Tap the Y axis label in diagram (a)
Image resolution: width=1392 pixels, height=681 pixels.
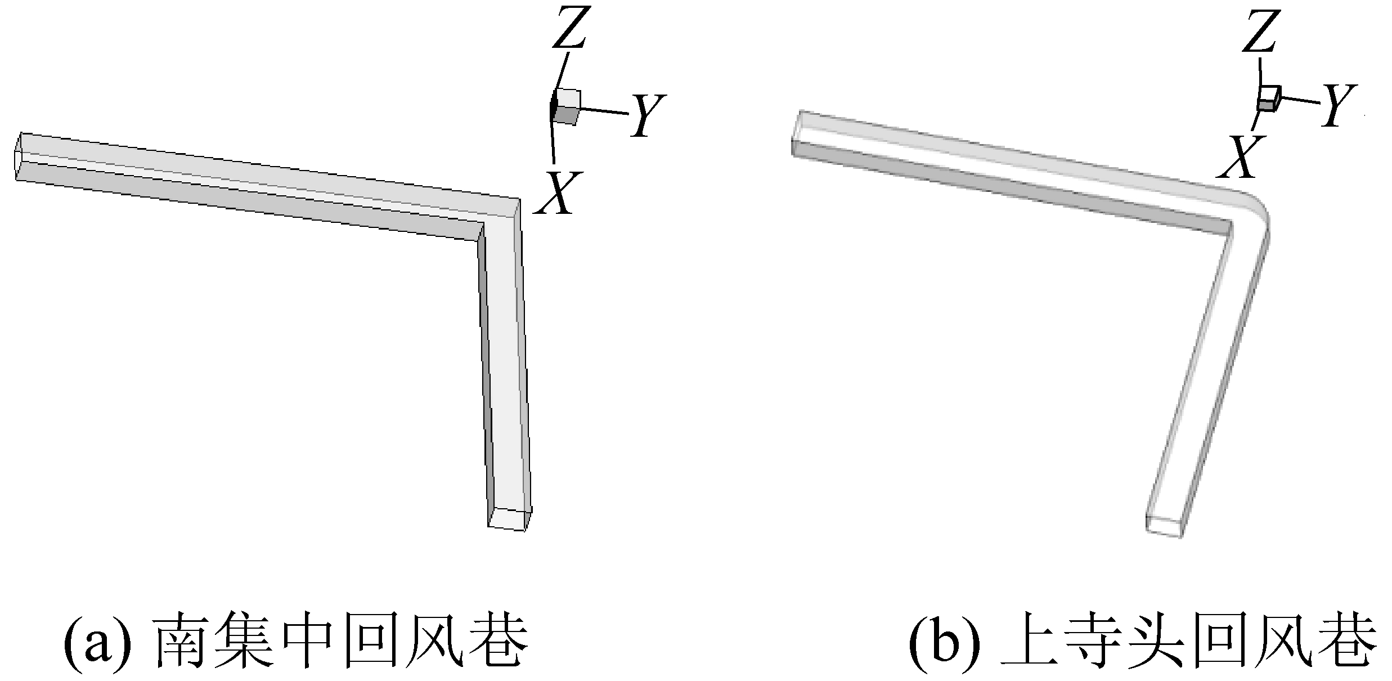[648, 115]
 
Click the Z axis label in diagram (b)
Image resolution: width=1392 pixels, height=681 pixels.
[1260, 30]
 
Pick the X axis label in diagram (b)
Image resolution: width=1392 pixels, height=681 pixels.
[1238, 157]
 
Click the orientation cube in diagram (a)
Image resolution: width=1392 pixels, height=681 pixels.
[565, 107]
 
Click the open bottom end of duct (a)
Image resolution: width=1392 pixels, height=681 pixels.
[509, 518]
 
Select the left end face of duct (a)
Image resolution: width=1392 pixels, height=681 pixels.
[19, 157]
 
